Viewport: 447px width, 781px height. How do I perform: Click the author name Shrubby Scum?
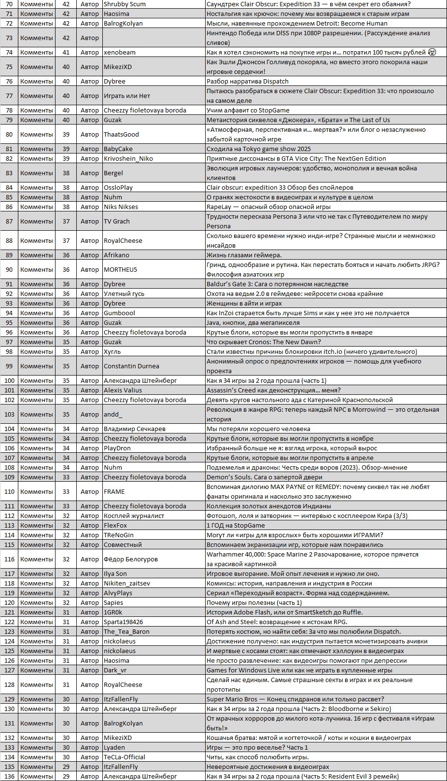coord(125,4)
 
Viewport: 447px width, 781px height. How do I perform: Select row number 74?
coord(9,52)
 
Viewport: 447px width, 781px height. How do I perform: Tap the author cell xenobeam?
coord(120,52)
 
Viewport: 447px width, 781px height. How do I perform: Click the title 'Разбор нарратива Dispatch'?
coord(248,81)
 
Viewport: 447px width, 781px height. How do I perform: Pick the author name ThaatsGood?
coord(121,134)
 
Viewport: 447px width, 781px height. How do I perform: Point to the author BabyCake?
coord(118,149)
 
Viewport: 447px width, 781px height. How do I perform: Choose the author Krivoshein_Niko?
coord(128,158)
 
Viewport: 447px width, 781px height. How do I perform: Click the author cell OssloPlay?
coord(118,187)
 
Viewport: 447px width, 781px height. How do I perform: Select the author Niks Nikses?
coord(121,207)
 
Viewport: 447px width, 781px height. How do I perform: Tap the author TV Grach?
coord(117,221)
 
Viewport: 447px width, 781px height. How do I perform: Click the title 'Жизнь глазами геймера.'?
coord(244,255)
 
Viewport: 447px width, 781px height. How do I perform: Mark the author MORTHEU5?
coord(120,269)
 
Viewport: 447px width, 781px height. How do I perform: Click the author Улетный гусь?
coord(124,293)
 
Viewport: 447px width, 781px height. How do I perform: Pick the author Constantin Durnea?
coord(131,366)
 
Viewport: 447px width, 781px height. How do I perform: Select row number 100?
coord(9,380)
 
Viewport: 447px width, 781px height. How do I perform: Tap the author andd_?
coord(113,414)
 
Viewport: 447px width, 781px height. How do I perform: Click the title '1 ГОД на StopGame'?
coord(236,525)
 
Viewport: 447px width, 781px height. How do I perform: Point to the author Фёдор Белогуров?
coord(131,559)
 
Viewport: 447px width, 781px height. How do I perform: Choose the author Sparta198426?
coord(123,622)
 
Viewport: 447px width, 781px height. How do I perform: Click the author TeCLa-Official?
coord(125,757)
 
